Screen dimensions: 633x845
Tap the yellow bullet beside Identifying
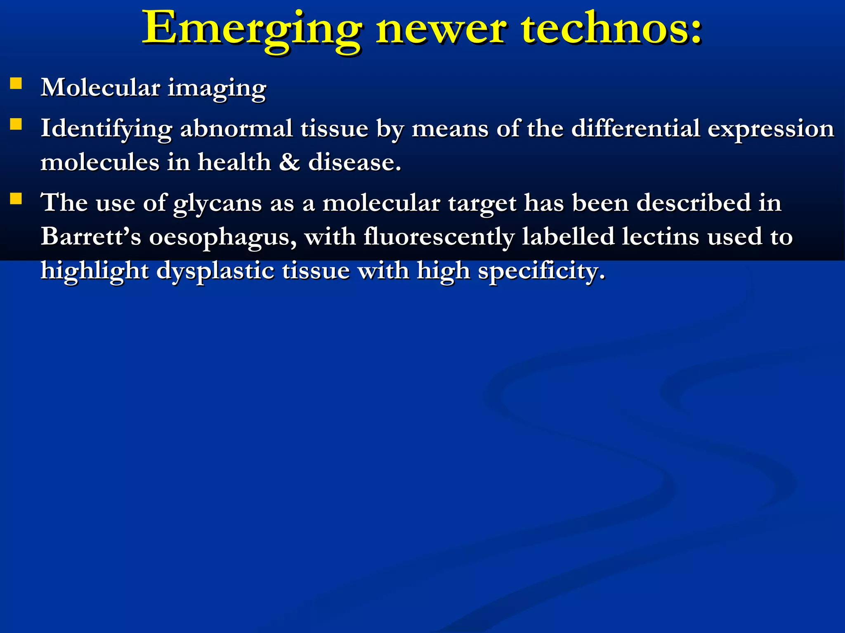tap(16, 124)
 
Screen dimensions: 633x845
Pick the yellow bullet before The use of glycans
tap(16, 199)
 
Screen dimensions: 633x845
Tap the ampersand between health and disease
tap(289, 162)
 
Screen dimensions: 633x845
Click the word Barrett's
tap(90, 237)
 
